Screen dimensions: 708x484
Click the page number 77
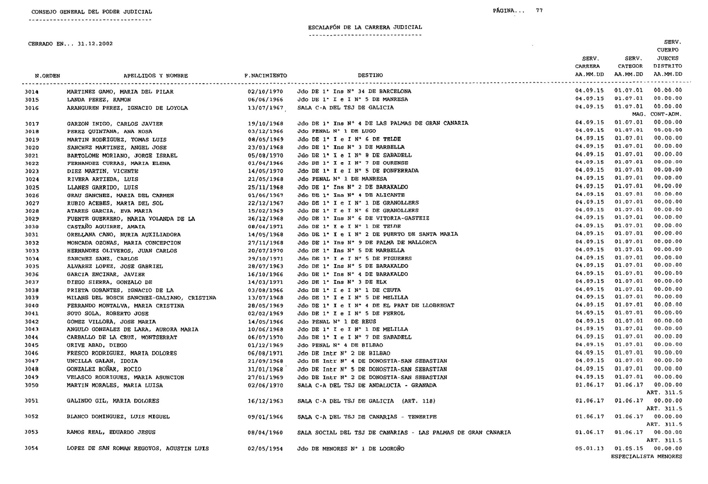click(539, 11)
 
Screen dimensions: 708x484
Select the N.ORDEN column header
click(47, 76)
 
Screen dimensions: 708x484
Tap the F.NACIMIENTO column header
click(265, 75)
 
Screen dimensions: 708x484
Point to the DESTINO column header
click(370, 75)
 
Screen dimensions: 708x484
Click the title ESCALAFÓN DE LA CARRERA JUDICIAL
click(365, 27)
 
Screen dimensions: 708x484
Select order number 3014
click(32, 92)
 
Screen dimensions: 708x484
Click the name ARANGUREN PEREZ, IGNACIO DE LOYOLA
click(127, 108)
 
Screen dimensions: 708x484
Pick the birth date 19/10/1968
click(265, 124)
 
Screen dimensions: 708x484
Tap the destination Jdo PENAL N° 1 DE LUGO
click(337, 131)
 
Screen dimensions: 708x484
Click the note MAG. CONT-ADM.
click(657, 114)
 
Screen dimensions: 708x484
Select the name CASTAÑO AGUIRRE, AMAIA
click(106, 227)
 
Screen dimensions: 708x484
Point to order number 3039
click(32, 298)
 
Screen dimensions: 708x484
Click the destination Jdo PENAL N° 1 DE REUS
click(337, 321)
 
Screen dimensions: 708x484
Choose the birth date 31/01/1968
click(265, 369)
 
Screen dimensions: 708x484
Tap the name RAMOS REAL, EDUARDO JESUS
click(111, 432)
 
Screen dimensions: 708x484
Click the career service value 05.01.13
click(590, 449)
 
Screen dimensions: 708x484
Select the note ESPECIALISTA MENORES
click(646, 457)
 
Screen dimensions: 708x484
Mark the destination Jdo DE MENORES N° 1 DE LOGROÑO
click(351, 449)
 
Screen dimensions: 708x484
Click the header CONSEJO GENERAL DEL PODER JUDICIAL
click(92, 12)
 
